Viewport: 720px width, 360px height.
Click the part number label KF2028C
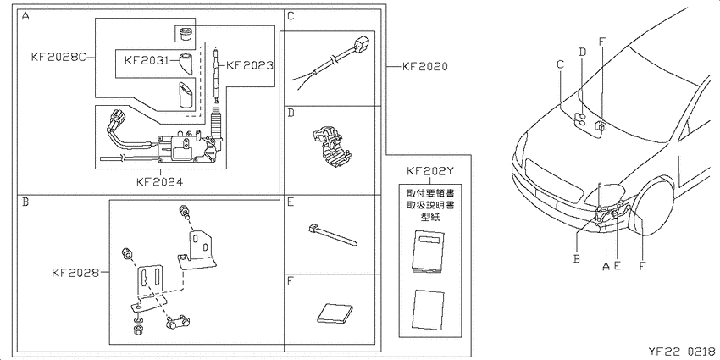pos(59,58)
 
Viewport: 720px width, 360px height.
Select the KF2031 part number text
pos(147,59)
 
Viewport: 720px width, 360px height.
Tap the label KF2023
pos(249,66)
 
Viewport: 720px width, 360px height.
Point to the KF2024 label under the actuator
pos(160,182)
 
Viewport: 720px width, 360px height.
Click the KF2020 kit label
pos(424,67)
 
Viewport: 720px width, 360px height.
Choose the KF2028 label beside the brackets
pos(75,273)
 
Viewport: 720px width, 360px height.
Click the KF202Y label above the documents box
pos(430,171)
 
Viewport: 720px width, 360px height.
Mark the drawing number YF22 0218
pos(681,352)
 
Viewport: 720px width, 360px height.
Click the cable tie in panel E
pos(334,235)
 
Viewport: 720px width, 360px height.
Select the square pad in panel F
pos(335,313)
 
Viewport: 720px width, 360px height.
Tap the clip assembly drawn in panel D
pos(330,146)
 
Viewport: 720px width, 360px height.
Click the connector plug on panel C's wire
pos(361,44)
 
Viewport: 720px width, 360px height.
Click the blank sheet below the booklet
pos(429,309)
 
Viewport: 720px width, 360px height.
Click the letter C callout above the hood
pos(560,64)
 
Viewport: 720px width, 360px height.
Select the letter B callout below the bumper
pos(576,258)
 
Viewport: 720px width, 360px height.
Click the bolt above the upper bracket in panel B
pos(184,212)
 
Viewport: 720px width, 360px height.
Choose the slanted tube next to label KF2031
pos(186,64)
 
